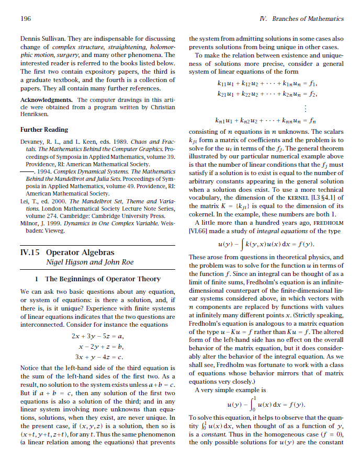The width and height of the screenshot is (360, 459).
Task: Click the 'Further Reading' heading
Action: tap(44, 129)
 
